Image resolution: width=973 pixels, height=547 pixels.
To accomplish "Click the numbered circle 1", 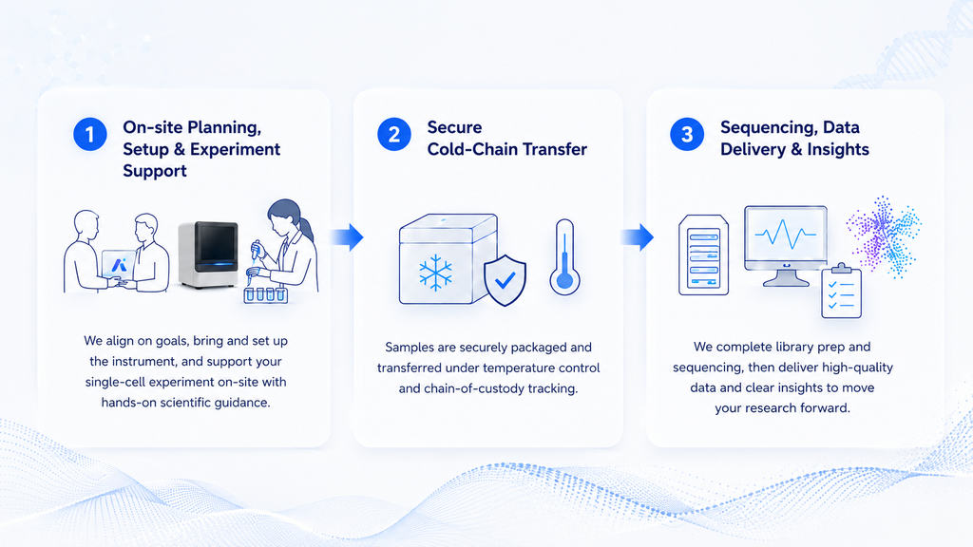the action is (x=90, y=134).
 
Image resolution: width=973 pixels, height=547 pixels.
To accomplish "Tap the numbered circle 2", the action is (x=394, y=134).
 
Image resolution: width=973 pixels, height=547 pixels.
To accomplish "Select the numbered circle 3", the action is (x=687, y=134).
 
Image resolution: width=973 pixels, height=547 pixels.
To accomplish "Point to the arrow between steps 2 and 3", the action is (x=638, y=236).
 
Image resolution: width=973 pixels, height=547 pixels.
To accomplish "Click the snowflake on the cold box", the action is (x=435, y=273).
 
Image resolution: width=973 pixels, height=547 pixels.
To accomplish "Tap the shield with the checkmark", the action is (x=505, y=280).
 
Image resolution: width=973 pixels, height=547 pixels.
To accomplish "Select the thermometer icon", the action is (x=564, y=256).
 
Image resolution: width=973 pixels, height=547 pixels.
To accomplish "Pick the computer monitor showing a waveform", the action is (x=786, y=245).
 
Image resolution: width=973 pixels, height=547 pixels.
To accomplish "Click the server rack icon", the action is (x=704, y=255).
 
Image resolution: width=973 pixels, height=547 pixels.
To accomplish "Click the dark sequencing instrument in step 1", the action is (x=208, y=255).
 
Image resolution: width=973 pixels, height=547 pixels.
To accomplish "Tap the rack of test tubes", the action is (x=266, y=294).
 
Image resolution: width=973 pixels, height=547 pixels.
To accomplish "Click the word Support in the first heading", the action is (x=155, y=171).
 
